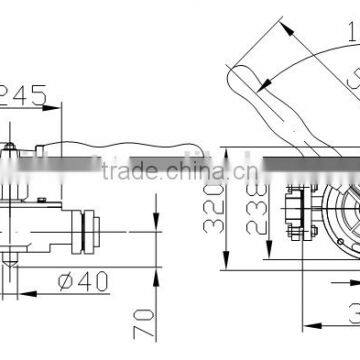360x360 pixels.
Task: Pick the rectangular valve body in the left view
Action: pos(35,205)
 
